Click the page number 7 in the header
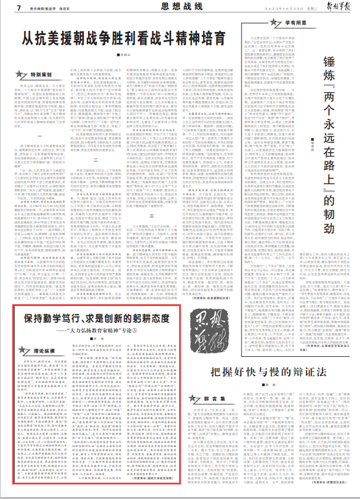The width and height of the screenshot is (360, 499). click(x=19, y=8)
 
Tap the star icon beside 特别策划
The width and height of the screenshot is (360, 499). click(x=22, y=74)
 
